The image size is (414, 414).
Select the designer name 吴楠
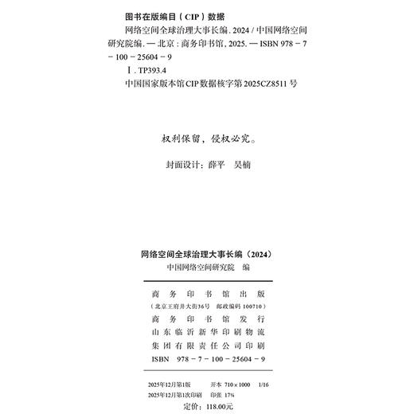coord(244,166)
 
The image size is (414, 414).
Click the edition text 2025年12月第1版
coord(170,384)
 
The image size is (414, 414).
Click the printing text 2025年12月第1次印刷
coord(174,394)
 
